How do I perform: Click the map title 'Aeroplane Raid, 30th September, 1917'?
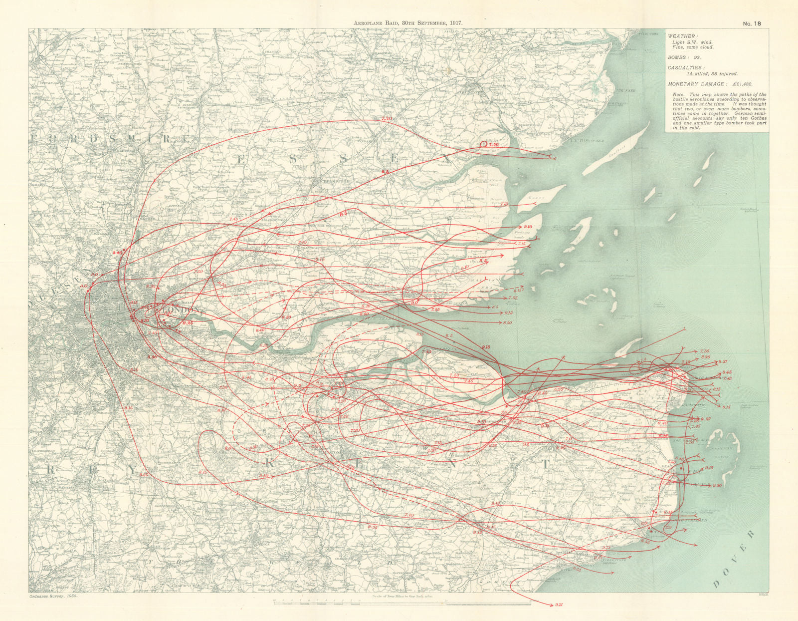(x=407, y=23)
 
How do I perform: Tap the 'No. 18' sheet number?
(x=752, y=23)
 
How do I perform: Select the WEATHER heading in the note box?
(x=682, y=36)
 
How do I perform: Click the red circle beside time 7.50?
(x=483, y=144)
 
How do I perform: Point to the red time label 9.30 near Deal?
(x=717, y=486)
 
